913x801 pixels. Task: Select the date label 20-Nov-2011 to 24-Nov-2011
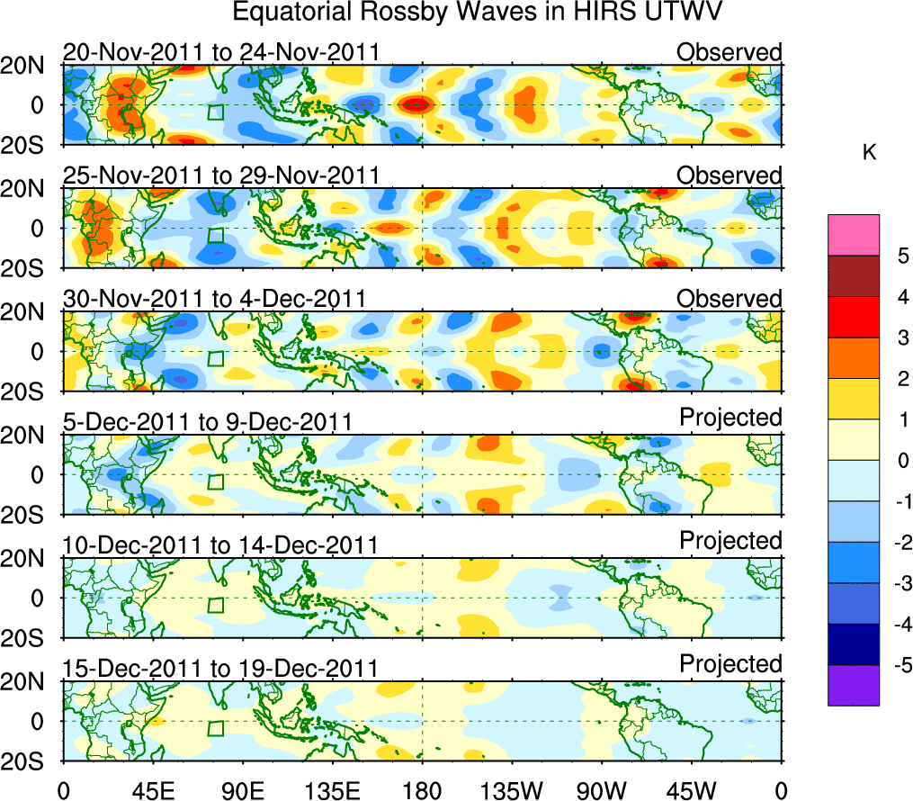[x=221, y=52]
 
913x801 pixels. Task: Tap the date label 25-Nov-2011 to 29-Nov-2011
[x=221, y=175]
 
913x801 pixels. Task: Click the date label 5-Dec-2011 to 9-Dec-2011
[x=207, y=421]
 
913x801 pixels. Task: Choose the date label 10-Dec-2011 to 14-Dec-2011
[x=221, y=544]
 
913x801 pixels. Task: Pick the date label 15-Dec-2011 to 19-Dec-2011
[x=221, y=668]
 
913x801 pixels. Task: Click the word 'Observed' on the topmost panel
[x=729, y=52]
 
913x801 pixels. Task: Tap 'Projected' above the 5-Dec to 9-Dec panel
[x=730, y=418]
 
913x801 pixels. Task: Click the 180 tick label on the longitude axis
[x=422, y=789]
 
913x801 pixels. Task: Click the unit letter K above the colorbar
[x=869, y=154]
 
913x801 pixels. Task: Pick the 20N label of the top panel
[x=30, y=65]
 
